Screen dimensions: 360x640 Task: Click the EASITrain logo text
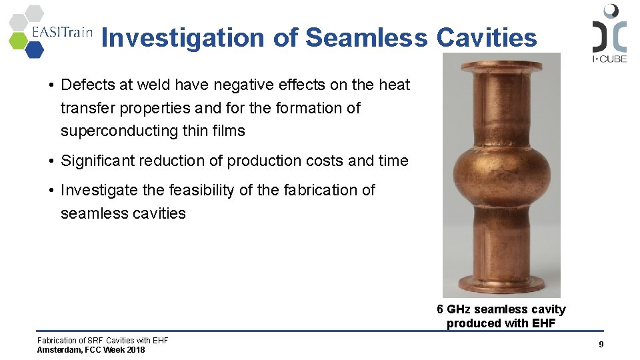click(62, 34)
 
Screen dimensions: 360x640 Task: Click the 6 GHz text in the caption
click(453, 309)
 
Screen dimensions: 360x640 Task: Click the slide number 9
click(601, 344)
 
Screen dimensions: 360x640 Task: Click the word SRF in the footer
click(97, 341)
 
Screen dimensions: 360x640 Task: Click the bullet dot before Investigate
click(51, 191)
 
